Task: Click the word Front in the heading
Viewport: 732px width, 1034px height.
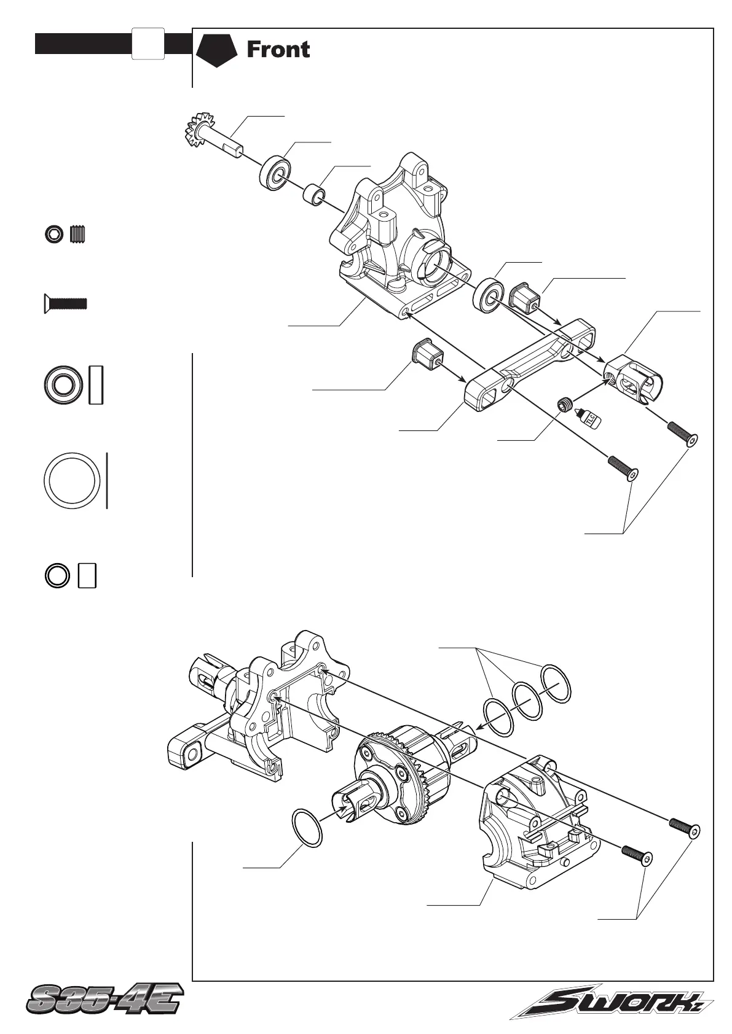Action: [x=278, y=50]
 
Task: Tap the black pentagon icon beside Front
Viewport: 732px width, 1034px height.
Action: [x=216, y=50]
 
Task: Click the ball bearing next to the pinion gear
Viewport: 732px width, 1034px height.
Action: [x=274, y=174]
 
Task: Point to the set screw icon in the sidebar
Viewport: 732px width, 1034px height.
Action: [x=78, y=234]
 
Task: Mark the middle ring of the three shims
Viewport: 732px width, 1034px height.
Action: [x=527, y=701]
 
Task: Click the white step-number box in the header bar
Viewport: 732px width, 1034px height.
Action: [x=148, y=44]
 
